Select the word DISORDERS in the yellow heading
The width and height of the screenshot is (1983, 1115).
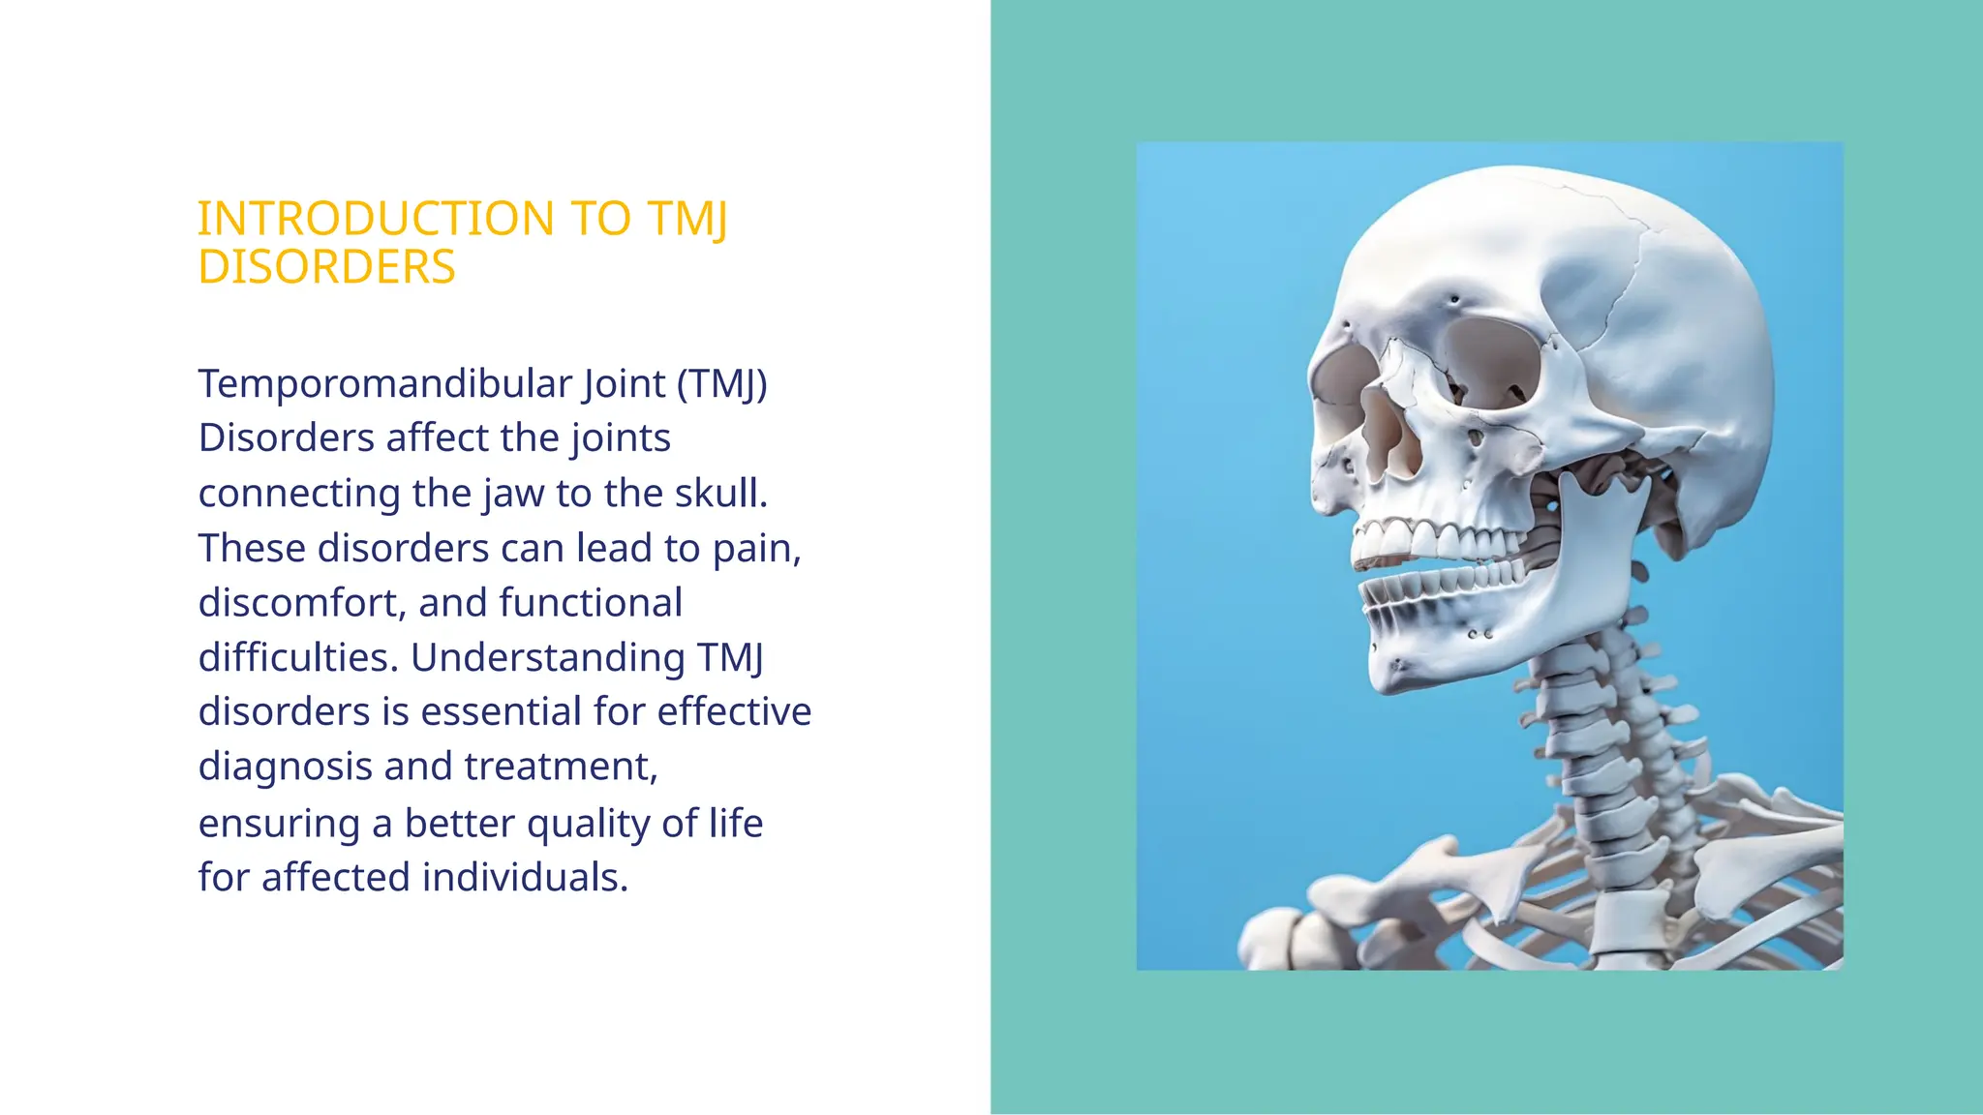(x=326, y=267)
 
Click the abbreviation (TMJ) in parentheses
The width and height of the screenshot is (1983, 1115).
(x=721, y=384)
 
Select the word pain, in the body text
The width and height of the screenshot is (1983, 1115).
(x=757, y=549)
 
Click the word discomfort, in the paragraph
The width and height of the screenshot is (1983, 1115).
(x=302, y=603)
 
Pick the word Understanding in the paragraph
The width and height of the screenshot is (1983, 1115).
(x=548, y=658)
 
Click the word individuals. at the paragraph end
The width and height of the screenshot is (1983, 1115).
(x=525, y=878)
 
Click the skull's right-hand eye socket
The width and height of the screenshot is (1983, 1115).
(x=1491, y=363)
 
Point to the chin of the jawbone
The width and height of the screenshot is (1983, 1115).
(x=1399, y=668)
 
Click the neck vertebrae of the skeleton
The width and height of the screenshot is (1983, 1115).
(x=1588, y=736)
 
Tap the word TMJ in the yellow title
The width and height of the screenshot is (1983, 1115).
(x=686, y=219)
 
